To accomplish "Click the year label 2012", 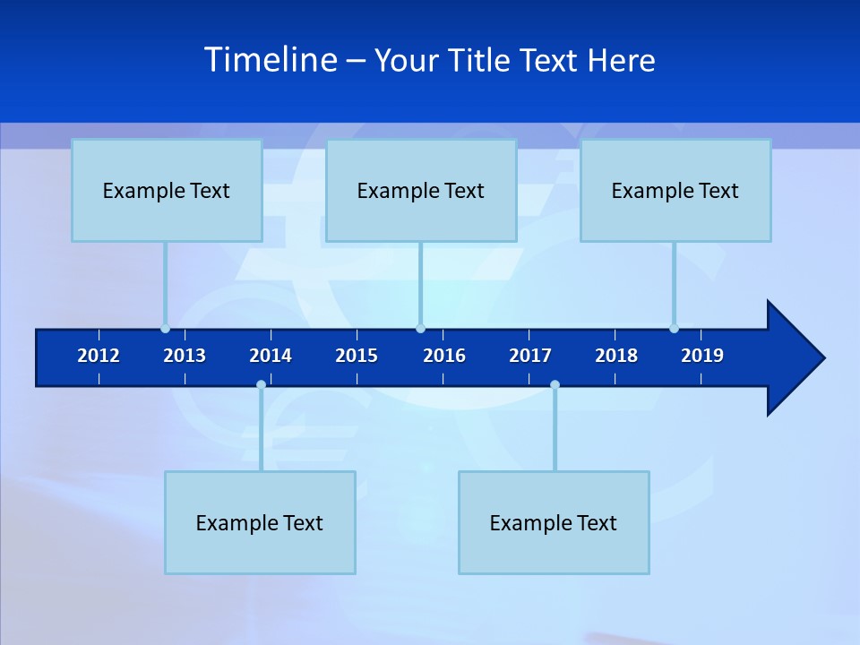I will coord(99,356).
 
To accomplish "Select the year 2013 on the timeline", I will coord(185,356).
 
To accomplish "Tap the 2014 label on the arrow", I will coord(271,356).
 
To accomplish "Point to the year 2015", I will coord(357,356).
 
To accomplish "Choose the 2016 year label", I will coord(444,356).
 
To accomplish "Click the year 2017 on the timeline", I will coord(530,356).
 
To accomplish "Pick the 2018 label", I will coord(616,356).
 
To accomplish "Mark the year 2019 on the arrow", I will coord(702,356).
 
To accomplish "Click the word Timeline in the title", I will coord(271,60).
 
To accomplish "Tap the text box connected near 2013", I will coord(167,190).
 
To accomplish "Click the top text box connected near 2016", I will coord(421,190).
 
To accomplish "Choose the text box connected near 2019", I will coord(675,190).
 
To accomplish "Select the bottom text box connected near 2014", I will coord(260,522).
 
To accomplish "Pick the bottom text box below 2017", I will coord(554,522).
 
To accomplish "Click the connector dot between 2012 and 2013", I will coord(165,329).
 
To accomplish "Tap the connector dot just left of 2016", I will coord(420,329).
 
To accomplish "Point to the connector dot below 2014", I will coord(261,384).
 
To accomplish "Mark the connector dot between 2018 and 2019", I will coord(674,329).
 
